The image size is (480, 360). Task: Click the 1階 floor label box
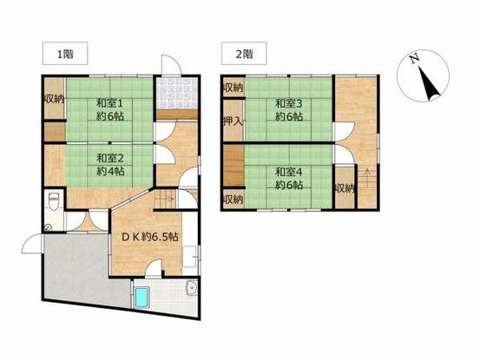click(65, 54)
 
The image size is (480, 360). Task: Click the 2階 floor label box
click(244, 54)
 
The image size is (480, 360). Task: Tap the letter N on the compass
click(415, 59)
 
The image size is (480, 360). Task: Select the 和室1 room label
click(110, 103)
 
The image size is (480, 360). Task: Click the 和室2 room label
click(110, 158)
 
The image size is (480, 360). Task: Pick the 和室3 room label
click(289, 104)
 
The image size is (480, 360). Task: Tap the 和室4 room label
click(289, 173)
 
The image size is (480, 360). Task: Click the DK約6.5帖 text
click(150, 237)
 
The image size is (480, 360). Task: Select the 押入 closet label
click(233, 121)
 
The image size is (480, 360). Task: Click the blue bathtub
click(141, 298)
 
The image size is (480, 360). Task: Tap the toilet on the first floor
click(54, 201)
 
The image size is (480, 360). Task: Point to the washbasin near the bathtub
click(192, 288)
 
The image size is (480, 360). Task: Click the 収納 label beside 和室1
click(54, 99)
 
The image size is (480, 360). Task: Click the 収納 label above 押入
click(233, 88)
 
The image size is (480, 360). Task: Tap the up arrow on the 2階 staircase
click(367, 175)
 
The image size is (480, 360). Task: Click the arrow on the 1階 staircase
click(165, 200)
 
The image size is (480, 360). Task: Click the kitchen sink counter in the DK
click(190, 256)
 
